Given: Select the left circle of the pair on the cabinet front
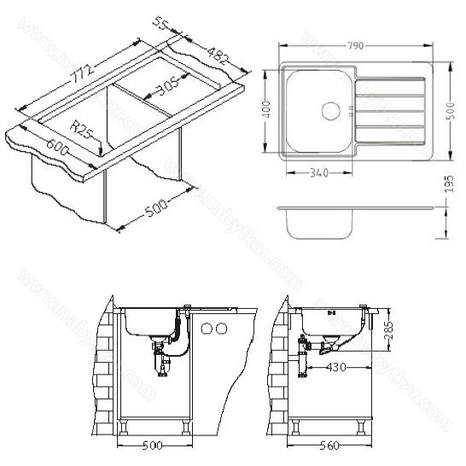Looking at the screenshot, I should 207,329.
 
